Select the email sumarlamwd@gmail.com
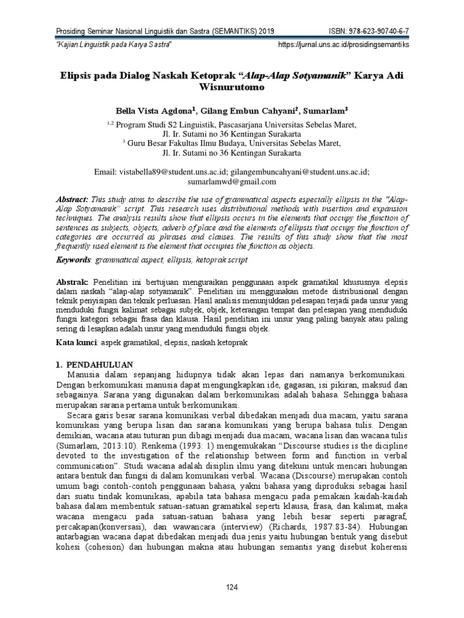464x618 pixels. [232, 181]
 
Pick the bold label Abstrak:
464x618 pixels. [72, 282]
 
